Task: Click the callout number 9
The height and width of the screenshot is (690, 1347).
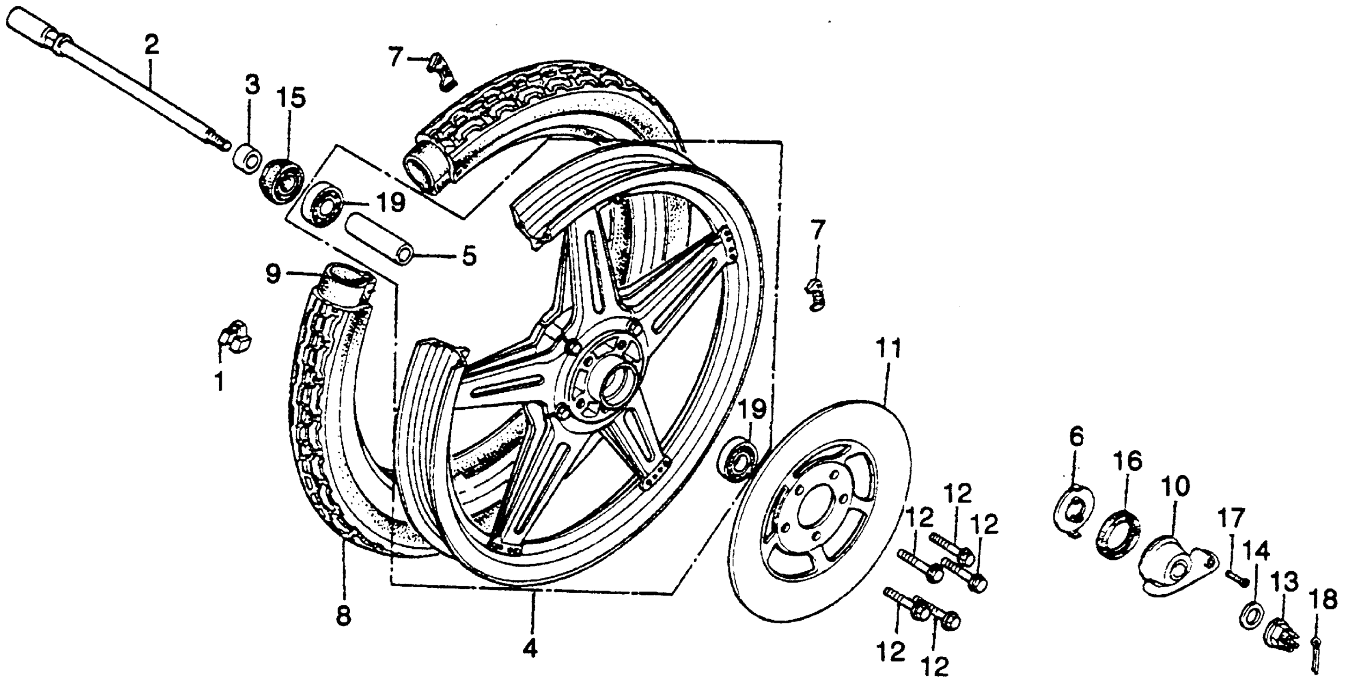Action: (x=273, y=273)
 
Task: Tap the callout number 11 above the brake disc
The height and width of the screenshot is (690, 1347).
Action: (x=888, y=349)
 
